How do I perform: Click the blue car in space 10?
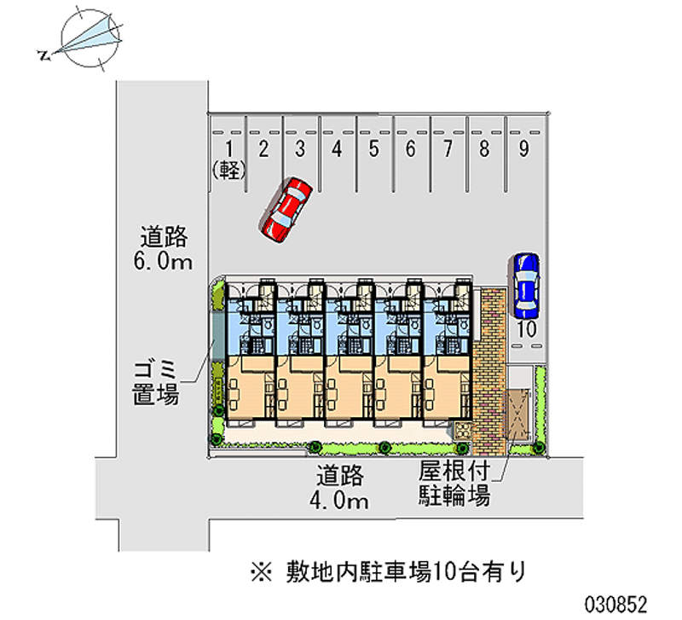coord(525,284)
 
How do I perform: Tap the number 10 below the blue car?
coord(526,330)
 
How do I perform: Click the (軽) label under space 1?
coord(228,170)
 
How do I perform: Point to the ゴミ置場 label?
coord(154,382)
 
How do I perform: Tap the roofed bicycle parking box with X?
coord(518,415)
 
